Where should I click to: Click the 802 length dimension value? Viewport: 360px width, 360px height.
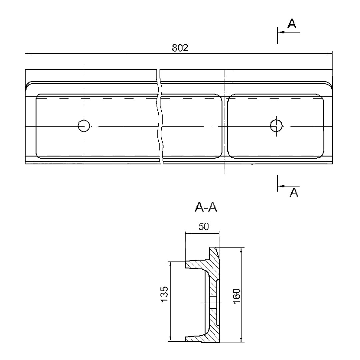click(180, 48)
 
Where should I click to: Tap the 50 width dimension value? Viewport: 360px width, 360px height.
click(203, 227)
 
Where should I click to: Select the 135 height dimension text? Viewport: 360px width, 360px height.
click(164, 294)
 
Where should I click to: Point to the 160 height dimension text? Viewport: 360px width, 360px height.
click(236, 296)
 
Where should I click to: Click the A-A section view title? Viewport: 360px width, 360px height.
click(206, 208)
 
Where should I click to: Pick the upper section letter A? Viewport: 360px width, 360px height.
click(292, 23)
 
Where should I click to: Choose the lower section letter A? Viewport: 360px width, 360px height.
click(294, 193)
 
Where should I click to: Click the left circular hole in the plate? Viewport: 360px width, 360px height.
click(84, 126)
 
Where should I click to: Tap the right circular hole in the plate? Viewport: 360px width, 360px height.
click(276, 125)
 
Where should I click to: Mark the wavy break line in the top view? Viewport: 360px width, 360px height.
click(160, 116)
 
